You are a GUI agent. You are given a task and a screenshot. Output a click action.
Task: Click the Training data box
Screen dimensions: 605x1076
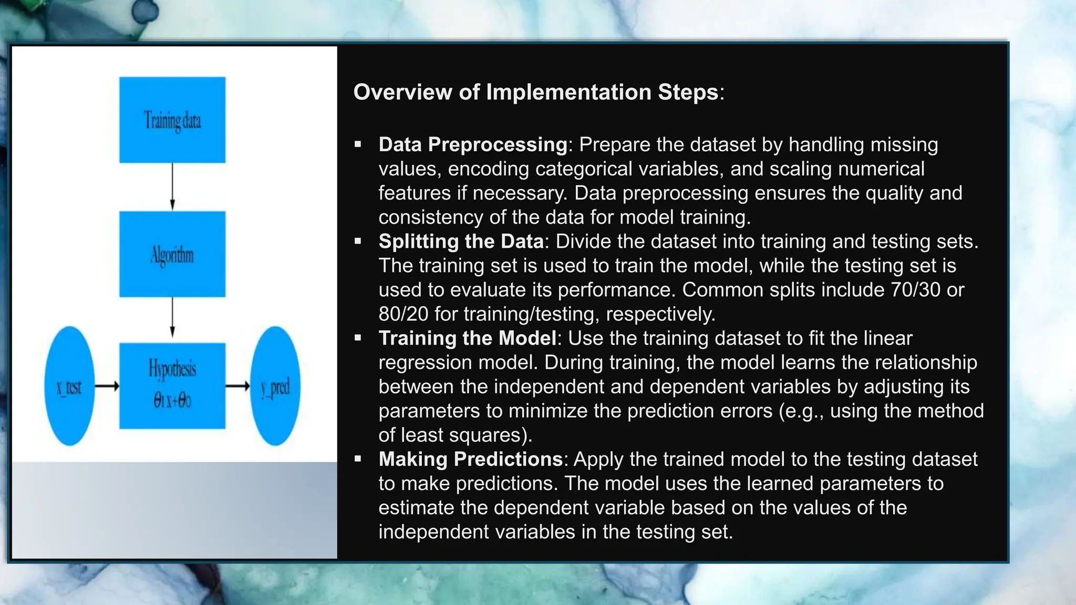pyautogui.click(x=172, y=120)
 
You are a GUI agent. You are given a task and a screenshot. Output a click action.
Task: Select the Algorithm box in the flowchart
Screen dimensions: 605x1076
pyautogui.click(x=172, y=255)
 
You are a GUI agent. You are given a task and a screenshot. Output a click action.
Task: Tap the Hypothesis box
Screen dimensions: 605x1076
pyautogui.click(x=172, y=386)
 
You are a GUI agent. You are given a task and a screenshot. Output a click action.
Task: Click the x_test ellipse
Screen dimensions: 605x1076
pyautogui.click(x=69, y=387)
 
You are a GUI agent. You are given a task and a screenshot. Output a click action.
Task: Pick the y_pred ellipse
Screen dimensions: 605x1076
pyautogui.click(x=275, y=387)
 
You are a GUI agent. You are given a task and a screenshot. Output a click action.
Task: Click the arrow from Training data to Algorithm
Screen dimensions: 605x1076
pyautogui.click(x=172, y=187)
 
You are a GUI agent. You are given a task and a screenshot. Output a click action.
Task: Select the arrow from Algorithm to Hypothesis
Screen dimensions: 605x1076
pyautogui.click(x=172, y=317)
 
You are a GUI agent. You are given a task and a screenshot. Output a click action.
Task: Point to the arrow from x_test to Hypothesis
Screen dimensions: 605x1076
pyautogui.click(x=107, y=387)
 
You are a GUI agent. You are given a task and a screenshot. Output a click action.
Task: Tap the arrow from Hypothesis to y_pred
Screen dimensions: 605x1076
pyautogui.click(x=237, y=387)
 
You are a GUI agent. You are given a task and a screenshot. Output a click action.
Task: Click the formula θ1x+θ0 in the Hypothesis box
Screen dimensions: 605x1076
pyautogui.click(x=172, y=401)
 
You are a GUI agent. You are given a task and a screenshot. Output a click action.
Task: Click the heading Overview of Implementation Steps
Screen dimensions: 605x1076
pyautogui.click(x=536, y=92)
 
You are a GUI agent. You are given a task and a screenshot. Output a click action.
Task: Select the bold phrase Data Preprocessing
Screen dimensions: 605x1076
pyautogui.click(x=473, y=144)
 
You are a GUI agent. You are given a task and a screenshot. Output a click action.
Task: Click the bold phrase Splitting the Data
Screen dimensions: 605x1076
pyautogui.click(x=461, y=241)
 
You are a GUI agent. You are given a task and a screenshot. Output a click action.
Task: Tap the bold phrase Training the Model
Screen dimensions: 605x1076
pyautogui.click(x=467, y=338)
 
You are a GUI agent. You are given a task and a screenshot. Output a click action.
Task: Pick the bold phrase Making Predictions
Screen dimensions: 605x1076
pyautogui.click(x=471, y=459)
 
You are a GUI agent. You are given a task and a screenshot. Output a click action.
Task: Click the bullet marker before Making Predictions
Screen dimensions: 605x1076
pyautogui.click(x=358, y=459)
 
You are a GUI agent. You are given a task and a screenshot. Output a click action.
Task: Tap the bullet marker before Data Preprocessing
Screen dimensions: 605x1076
pyautogui.click(x=358, y=144)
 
